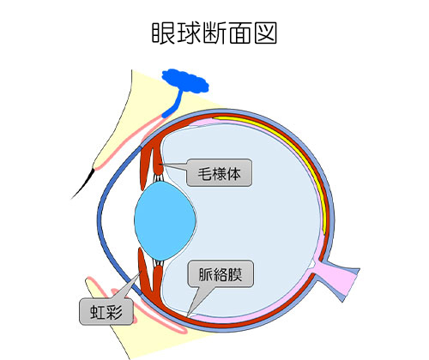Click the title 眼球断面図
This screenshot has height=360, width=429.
[214, 33]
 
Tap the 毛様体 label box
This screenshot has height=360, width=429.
[220, 173]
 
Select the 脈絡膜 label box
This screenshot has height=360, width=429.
[221, 273]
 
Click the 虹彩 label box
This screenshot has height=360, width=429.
[106, 311]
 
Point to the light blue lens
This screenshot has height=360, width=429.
[165, 221]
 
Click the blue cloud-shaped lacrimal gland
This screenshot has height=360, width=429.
[185, 81]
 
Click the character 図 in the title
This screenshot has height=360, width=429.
[266, 33]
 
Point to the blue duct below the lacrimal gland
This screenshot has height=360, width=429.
[174, 105]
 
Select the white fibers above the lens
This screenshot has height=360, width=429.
[158, 178]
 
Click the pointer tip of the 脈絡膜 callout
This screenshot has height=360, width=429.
[187, 316]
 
